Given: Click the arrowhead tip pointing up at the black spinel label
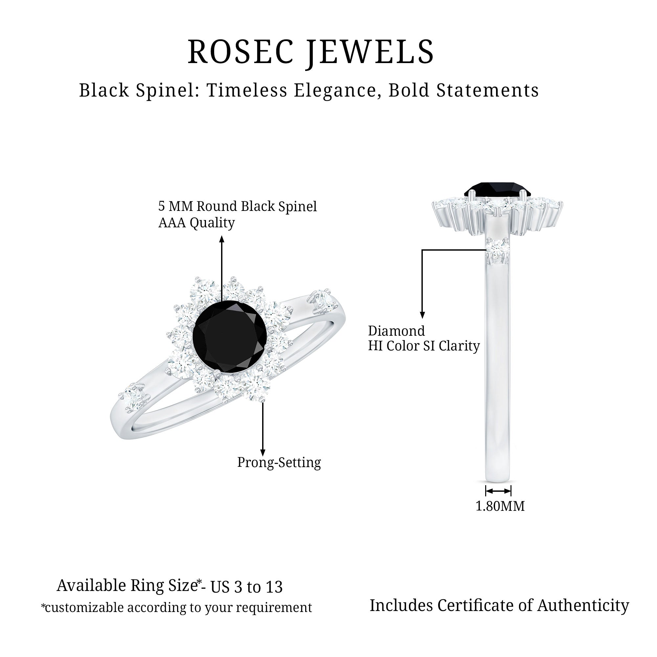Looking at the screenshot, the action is [x=222, y=236].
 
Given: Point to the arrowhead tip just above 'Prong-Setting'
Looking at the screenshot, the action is [x=262, y=456].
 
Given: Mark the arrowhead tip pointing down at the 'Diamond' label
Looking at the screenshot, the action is [x=422, y=318].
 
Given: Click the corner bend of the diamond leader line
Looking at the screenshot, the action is [x=422, y=250].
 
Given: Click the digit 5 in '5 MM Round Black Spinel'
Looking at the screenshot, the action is [x=162, y=206].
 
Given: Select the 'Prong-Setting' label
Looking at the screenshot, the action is [x=279, y=463].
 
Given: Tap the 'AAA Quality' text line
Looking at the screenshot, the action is [x=196, y=223].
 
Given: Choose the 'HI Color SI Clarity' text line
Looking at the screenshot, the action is [x=424, y=346].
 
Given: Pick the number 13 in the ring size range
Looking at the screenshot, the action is [x=274, y=587].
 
